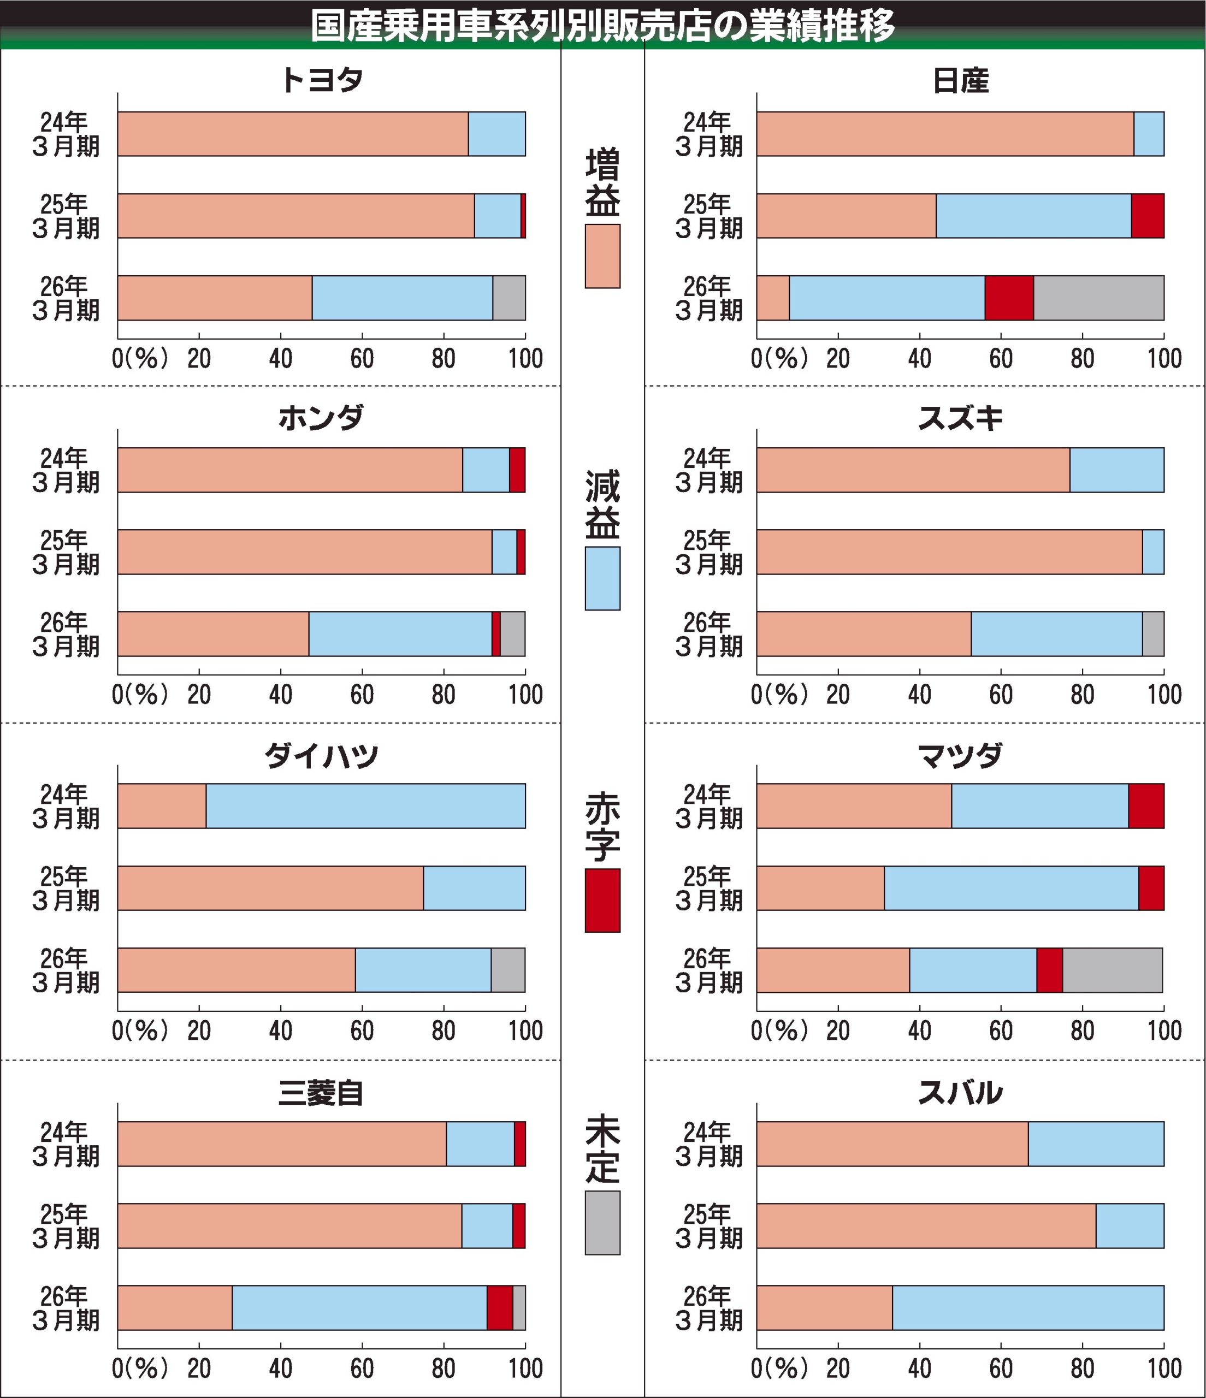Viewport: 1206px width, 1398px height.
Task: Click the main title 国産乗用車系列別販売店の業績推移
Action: click(x=602, y=26)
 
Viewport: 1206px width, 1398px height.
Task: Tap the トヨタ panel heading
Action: click(x=321, y=80)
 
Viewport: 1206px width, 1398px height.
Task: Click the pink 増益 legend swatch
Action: click(x=602, y=256)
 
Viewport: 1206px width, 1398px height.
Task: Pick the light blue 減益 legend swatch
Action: click(x=602, y=578)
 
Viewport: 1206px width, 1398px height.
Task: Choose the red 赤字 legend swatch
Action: click(x=602, y=901)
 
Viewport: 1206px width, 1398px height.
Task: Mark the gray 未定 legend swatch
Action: click(x=602, y=1223)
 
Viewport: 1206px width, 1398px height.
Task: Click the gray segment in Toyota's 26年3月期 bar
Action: click(x=509, y=298)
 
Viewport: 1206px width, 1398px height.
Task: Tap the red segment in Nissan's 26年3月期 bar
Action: click(x=1009, y=298)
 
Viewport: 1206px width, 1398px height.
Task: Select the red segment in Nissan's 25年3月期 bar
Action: click(x=1148, y=216)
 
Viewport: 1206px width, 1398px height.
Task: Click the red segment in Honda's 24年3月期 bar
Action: click(x=517, y=470)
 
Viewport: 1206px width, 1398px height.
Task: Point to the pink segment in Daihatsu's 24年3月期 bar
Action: click(x=162, y=805)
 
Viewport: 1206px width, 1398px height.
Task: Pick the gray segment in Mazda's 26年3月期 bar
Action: click(x=1112, y=970)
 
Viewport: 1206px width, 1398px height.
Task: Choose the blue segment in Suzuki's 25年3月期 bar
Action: click(x=1152, y=552)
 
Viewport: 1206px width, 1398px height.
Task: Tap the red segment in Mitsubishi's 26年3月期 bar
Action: click(x=499, y=1307)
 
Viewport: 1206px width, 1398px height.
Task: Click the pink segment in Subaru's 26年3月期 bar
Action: click(x=824, y=1307)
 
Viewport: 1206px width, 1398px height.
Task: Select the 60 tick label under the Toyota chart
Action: click(x=362, y=359)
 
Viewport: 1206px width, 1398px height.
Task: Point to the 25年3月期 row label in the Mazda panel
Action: click(x=708, y=888)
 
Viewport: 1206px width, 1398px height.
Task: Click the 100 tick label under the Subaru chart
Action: click(x=1164, y=1369)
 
